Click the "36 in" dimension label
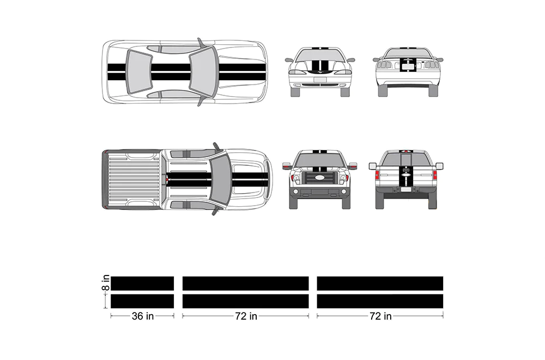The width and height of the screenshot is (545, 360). pos(142,316)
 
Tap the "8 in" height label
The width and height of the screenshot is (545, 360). pos(106,283)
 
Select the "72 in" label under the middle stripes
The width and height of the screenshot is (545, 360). pos(246,316)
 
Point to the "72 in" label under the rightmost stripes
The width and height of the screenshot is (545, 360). pos(380,316)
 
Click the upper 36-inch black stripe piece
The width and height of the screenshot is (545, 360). pos(142,284)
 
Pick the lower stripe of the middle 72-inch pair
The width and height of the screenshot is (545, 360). pos(245,301)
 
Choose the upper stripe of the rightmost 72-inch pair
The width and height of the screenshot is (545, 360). pos(380,284)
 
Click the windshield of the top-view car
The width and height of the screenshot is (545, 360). pos(203,71)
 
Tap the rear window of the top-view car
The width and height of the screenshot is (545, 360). pos(138,71)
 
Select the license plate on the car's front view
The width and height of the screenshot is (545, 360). pos(320,80)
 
